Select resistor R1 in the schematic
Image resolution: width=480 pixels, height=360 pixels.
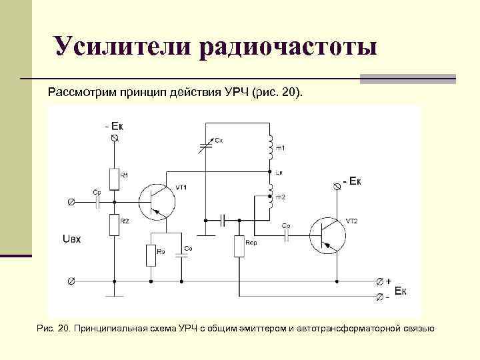pos(115,178)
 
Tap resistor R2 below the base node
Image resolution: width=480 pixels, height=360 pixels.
pos(115,224)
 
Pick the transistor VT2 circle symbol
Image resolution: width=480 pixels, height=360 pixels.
pos(327,234)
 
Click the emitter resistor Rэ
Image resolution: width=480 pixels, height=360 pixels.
pos(151,254)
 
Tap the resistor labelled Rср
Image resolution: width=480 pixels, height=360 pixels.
pos(239,246)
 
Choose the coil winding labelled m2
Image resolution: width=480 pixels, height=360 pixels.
pos(271,195)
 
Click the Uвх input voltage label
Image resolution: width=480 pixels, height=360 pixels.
pos(71,238)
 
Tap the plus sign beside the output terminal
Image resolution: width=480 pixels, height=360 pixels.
pos(388,281)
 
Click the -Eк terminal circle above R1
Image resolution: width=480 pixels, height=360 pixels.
pos(115,137)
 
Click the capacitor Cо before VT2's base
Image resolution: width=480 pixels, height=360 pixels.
pos(286,234)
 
